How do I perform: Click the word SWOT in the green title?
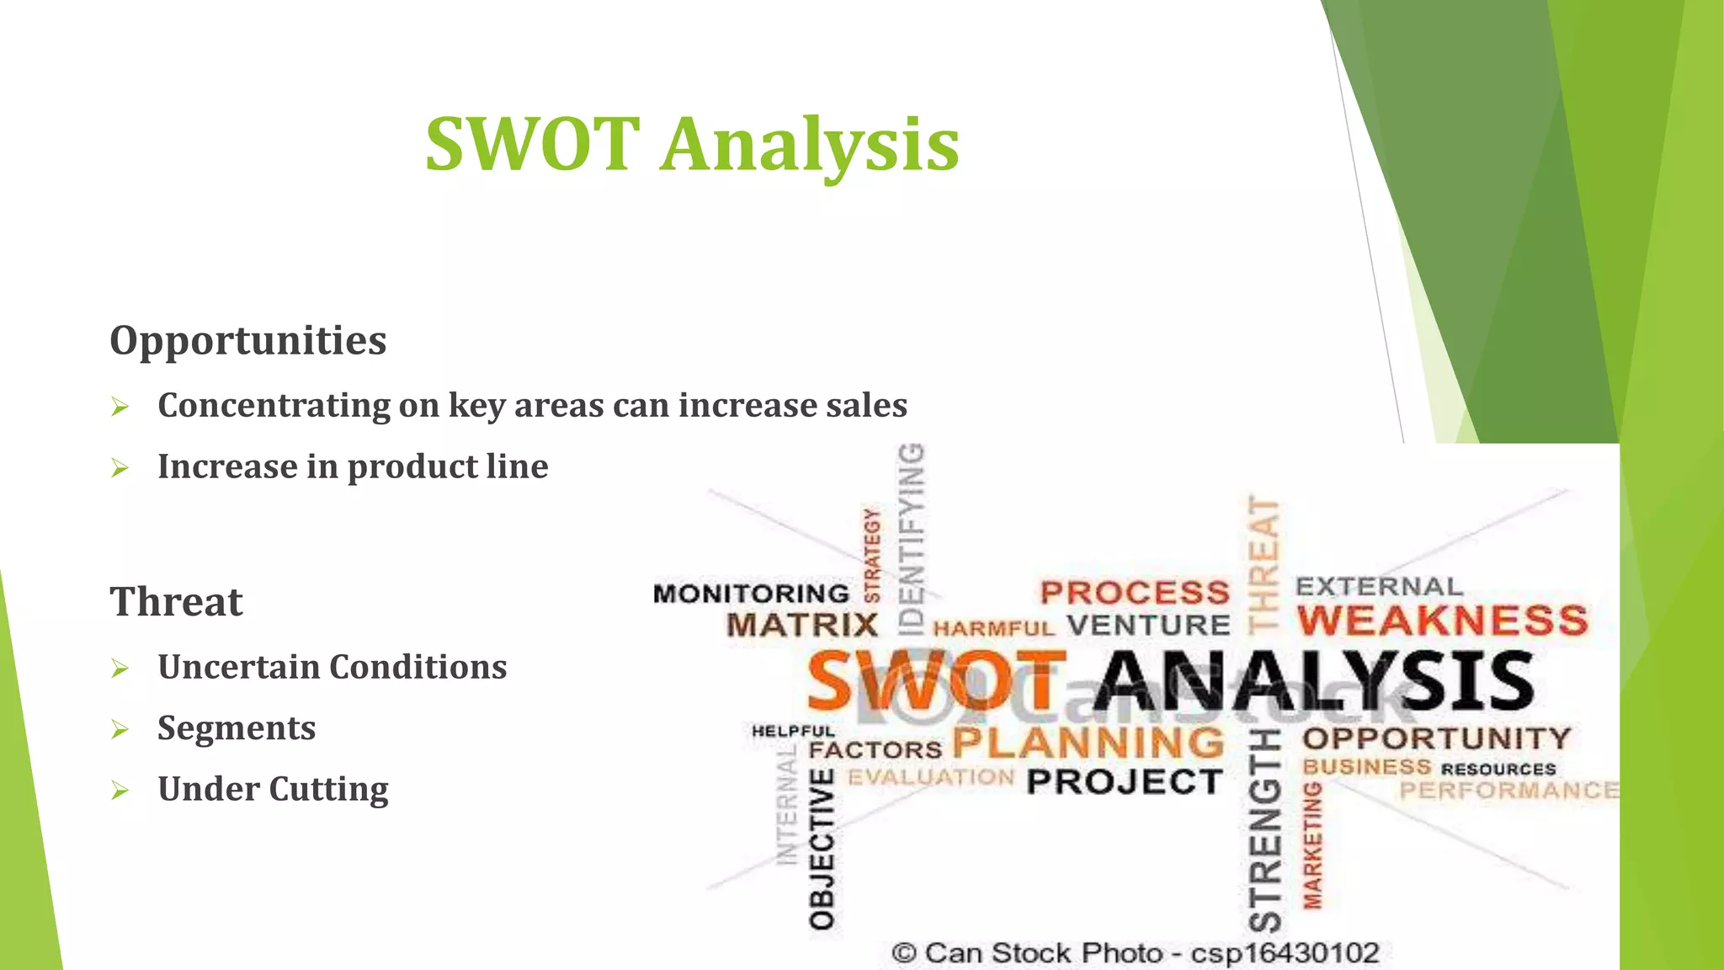pos(532,144)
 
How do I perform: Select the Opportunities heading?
pos(248,340)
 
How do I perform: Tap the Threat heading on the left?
pos(176,602)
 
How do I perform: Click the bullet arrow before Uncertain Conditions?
pos(120,669)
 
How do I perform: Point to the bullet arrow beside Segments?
pos(120,729)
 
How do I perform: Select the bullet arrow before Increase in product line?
pos(120,468)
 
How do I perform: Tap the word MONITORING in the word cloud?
pos(751,594)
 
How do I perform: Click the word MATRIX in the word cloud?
pos(802,626)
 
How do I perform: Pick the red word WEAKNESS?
pos(1442,621)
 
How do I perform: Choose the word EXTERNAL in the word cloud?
pos(1379,586)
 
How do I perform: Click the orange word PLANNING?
pos(1088,743)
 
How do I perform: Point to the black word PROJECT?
pos(1124,782)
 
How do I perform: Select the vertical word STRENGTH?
pos(1264,830)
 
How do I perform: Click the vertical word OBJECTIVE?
pos(822,848)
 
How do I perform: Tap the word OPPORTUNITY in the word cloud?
pos(1436,738)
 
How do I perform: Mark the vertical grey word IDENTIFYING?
pos(912,539)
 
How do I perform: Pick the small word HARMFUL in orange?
pos(993,628)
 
